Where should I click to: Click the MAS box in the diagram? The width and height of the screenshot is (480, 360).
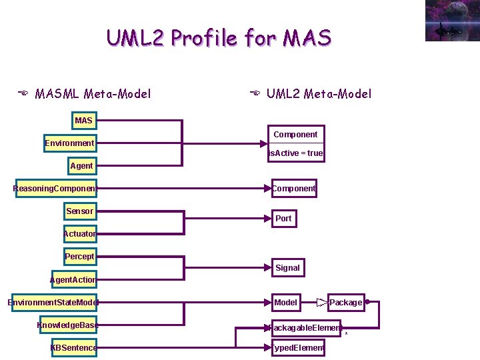click(84, 121)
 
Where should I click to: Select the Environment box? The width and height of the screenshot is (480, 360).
click(69, 143)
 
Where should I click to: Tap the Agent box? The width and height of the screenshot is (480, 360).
click(81, 166)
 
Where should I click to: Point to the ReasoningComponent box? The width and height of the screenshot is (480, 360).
click(55, 189)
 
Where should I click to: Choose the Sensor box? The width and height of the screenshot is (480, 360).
click(79, 211)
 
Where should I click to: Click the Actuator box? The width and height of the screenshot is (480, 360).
click(79, 234)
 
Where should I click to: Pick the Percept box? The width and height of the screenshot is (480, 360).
click(79, 257)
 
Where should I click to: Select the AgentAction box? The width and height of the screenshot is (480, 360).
click(73, 280)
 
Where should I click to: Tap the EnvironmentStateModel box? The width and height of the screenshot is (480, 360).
click(53, 303)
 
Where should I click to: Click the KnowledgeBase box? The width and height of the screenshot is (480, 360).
click(67, 325)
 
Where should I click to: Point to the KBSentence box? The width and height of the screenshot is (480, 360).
click(73, 348)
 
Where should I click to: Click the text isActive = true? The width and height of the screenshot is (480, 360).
click(296, 153)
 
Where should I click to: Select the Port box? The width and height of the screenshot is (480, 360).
click(283, 218)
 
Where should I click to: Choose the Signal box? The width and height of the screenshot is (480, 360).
click(287, 268)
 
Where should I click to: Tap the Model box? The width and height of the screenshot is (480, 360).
click(286, 303)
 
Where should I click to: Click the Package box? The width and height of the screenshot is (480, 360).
click(346, 303)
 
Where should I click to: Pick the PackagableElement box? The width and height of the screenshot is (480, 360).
click(305, 328)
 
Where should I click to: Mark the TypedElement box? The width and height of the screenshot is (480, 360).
click(297, 348)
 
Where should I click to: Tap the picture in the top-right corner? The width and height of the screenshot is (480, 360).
click(452, 21)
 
